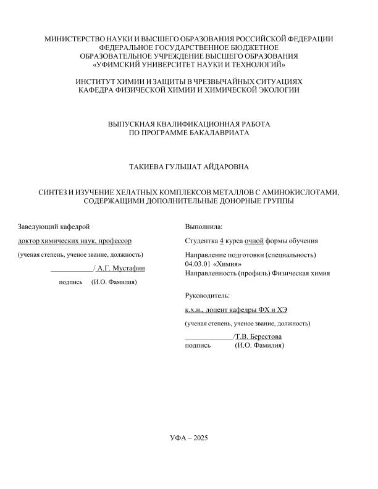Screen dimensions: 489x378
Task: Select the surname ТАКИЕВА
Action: coord(145,167)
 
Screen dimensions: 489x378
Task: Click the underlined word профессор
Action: coord(114,241)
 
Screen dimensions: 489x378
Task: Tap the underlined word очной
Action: coord(254,241)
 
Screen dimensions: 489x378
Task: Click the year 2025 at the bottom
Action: coord(201,438)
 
